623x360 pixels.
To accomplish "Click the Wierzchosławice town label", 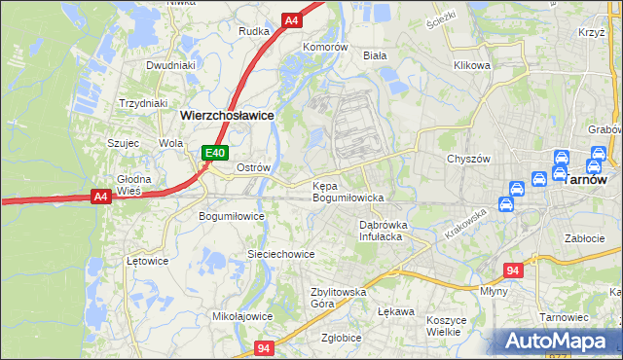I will pos(228,114).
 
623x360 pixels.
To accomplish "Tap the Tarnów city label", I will pos(586,180).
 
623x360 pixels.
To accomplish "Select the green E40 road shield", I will pos(215,153).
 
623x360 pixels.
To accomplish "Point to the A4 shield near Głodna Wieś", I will pos(100,198).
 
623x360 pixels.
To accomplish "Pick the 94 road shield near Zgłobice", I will pos(264,347).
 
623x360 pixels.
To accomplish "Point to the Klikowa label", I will pos(472,66).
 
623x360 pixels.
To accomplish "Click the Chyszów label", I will pos(466,159).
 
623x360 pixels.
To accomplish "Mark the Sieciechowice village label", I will pos(280,254).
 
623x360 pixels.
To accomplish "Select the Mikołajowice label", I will pos(242,316).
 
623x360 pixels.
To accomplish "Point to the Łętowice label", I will pos(148,261).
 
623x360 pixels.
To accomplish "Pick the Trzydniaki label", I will pos(143,103).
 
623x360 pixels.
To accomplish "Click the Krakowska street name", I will pos(464,227).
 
